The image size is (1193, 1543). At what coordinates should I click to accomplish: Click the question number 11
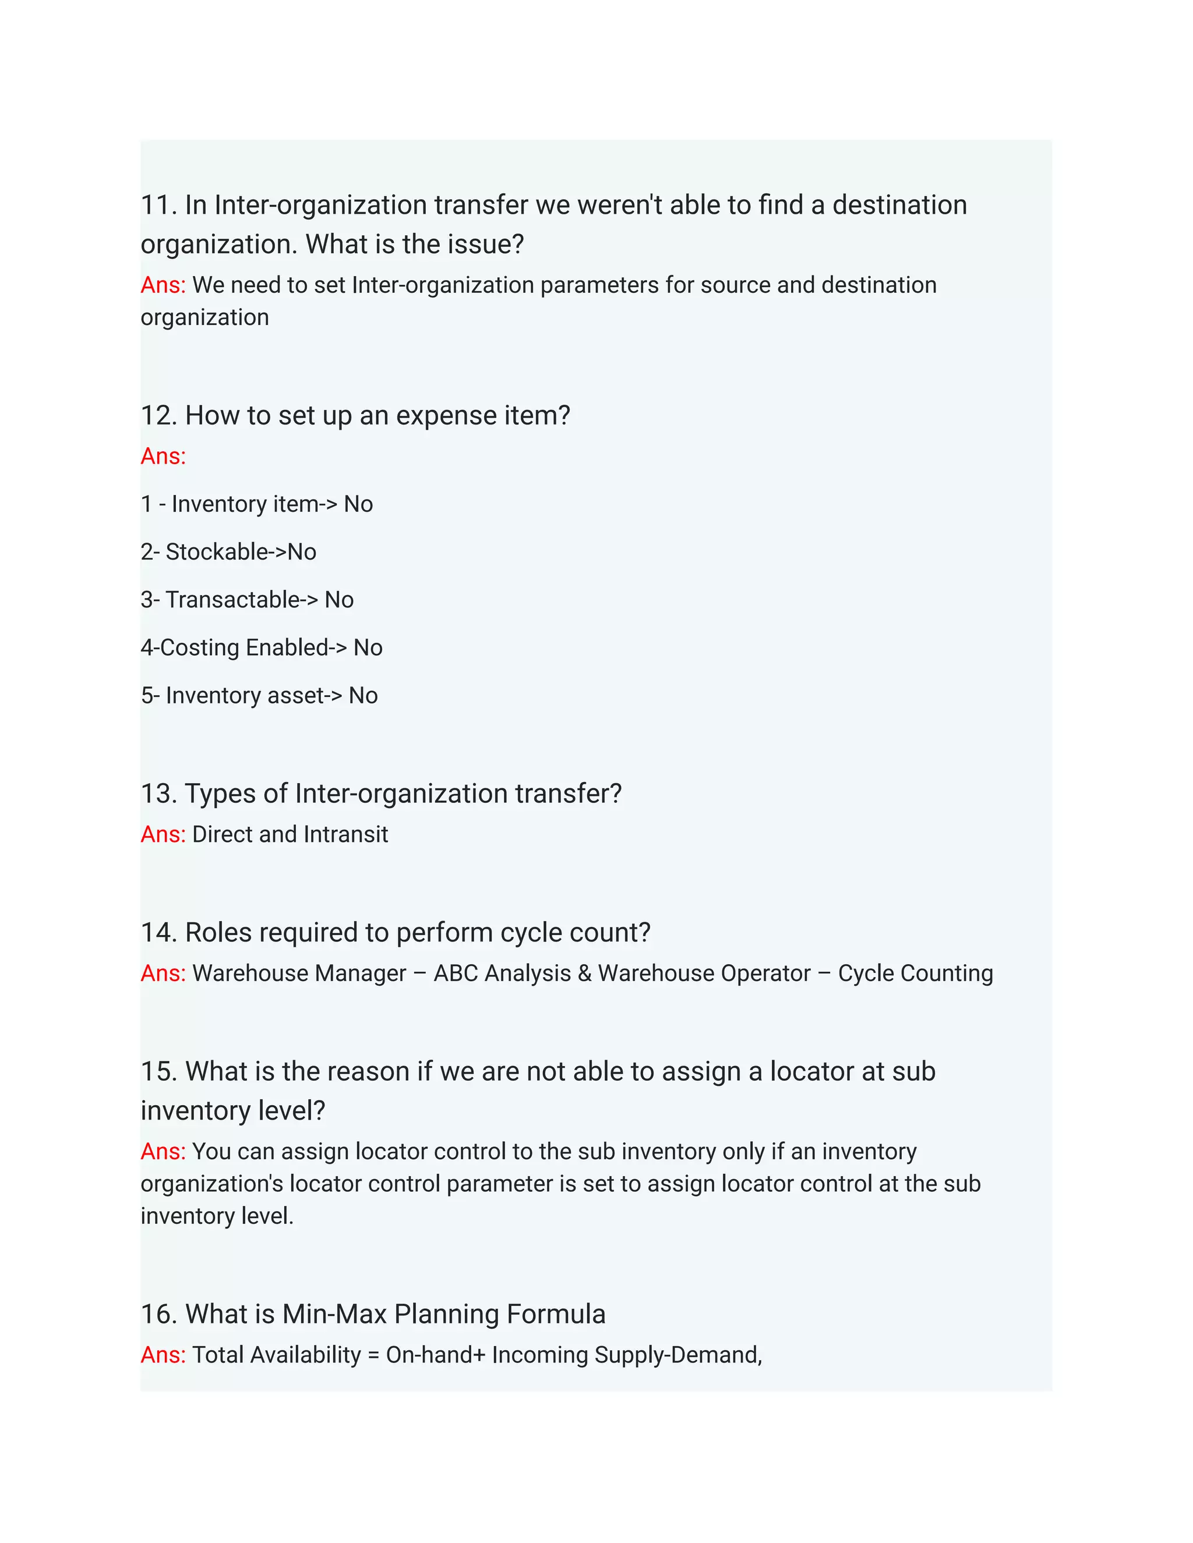click(x=156, y=206)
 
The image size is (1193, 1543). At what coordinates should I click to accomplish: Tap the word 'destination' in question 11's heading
click(x=899, y=206)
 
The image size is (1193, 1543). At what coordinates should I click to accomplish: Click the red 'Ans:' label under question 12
click(x=163, y=456)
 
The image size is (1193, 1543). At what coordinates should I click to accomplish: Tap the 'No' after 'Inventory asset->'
click(x=363, y=696)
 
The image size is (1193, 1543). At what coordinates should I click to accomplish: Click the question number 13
click(x=157, y=794)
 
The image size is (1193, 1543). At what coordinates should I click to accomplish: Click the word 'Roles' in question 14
click(x=218, y=933)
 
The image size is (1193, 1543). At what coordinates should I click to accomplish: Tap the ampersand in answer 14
click(x=584, y=974)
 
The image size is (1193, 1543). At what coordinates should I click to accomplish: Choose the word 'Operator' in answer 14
click(x=762, y=974)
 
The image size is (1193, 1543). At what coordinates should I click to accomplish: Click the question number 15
click(x=157, y=1072)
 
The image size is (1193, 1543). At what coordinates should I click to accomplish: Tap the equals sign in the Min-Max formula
click(x=373, y=1355)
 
